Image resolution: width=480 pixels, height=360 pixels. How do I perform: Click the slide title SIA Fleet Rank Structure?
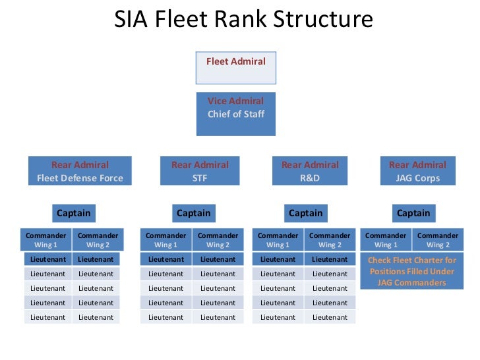(x=243, y=20)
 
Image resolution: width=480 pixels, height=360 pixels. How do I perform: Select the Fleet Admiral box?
(x=236, y=67)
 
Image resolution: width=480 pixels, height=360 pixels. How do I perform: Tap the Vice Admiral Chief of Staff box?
(x=236, y=113)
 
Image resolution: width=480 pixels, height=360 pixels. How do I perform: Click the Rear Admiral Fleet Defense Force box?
(x=80, y=171)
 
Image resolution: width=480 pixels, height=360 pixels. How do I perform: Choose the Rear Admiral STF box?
(x=200, y=171)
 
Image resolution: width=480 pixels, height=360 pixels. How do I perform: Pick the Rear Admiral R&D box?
(x=310, y=171)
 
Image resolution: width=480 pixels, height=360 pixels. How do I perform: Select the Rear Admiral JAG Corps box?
(x=417, y=171)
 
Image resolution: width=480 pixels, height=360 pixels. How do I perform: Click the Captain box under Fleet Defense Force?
(x=74, y=213)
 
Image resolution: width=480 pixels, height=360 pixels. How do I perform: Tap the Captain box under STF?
(x=194, y=213)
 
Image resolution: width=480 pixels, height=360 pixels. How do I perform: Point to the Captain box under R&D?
(x=306, y=213)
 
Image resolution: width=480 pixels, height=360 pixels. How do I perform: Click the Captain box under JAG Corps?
(x=413, y=213)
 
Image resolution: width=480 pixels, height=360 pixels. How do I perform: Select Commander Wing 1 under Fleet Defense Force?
(x=46, y=240)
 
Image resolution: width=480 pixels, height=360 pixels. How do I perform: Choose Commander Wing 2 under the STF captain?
(x=218, y=240)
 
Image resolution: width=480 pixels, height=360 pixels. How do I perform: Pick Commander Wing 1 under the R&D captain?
(x=278, y=240)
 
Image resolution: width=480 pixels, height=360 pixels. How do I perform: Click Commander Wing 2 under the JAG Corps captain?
(x=438, y=240)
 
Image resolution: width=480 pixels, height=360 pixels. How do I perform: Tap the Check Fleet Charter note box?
(x=411, y=272)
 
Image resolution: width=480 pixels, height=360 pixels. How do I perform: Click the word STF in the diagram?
(x=200, y=178)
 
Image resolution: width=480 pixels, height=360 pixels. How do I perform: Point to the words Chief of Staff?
(x=236, y=114)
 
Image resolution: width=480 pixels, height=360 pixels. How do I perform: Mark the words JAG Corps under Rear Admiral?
(x=417, y=178)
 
